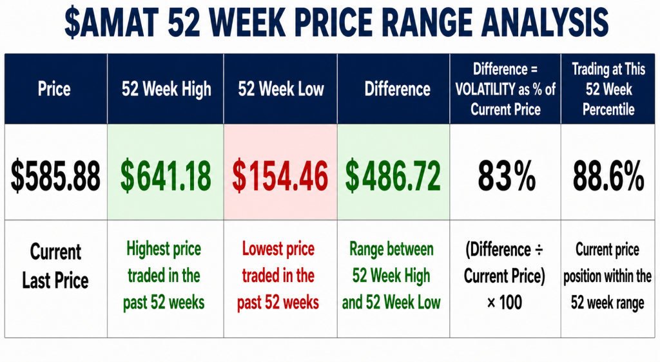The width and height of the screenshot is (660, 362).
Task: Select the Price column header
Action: [54, 89]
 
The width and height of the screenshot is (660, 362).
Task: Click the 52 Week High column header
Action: [166, 90]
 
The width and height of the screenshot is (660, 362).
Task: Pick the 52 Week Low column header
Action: [281, 89]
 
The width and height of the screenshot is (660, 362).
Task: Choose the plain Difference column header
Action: [397, 89]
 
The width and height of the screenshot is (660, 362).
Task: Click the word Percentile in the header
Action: [608, 110]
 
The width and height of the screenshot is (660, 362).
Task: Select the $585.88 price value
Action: [55, 176]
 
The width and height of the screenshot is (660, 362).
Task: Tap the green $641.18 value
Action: [166, 176]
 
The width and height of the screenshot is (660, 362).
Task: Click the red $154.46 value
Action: [280, 176]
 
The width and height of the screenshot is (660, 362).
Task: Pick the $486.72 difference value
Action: [393, 176]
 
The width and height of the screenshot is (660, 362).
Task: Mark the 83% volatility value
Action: [507, 176]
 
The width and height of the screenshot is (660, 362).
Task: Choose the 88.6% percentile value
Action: [608, 176]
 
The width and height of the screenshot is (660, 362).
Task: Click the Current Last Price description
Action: [55, 266]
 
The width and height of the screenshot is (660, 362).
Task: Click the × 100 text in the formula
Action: [504, 303]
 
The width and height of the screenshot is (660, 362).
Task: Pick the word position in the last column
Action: [582, 276]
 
